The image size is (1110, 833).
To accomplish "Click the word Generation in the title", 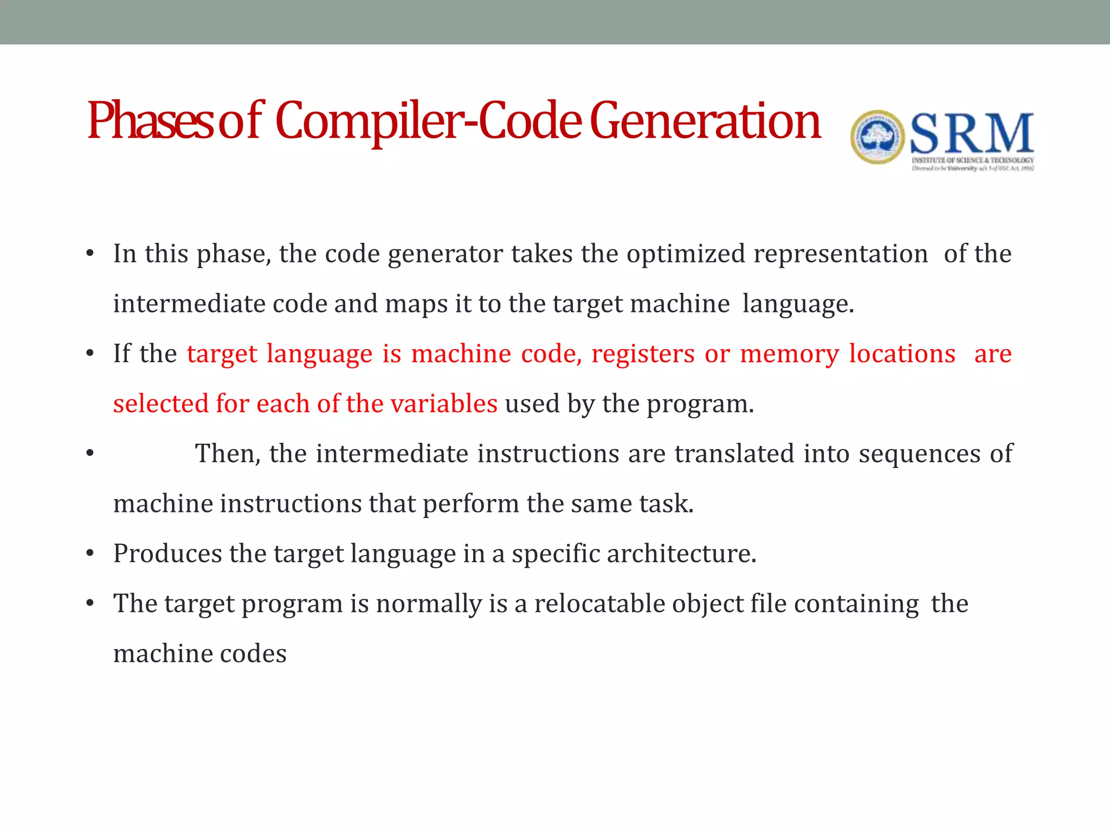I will (x=705, y=122).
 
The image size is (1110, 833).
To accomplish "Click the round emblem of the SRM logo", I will (x=877, y=137).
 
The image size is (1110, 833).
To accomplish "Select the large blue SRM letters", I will (x=971, y=134).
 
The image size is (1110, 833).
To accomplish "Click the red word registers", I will (x=643, y=354).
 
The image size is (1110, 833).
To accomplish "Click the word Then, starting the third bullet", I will (x=228, y=453).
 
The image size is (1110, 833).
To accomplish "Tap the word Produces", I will (x=167, y=554).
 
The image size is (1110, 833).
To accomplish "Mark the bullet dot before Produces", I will (x=90, y=554).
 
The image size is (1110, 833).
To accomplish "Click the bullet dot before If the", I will (x=90, y=354).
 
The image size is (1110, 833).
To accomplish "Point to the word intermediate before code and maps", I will (x=189, y=304).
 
